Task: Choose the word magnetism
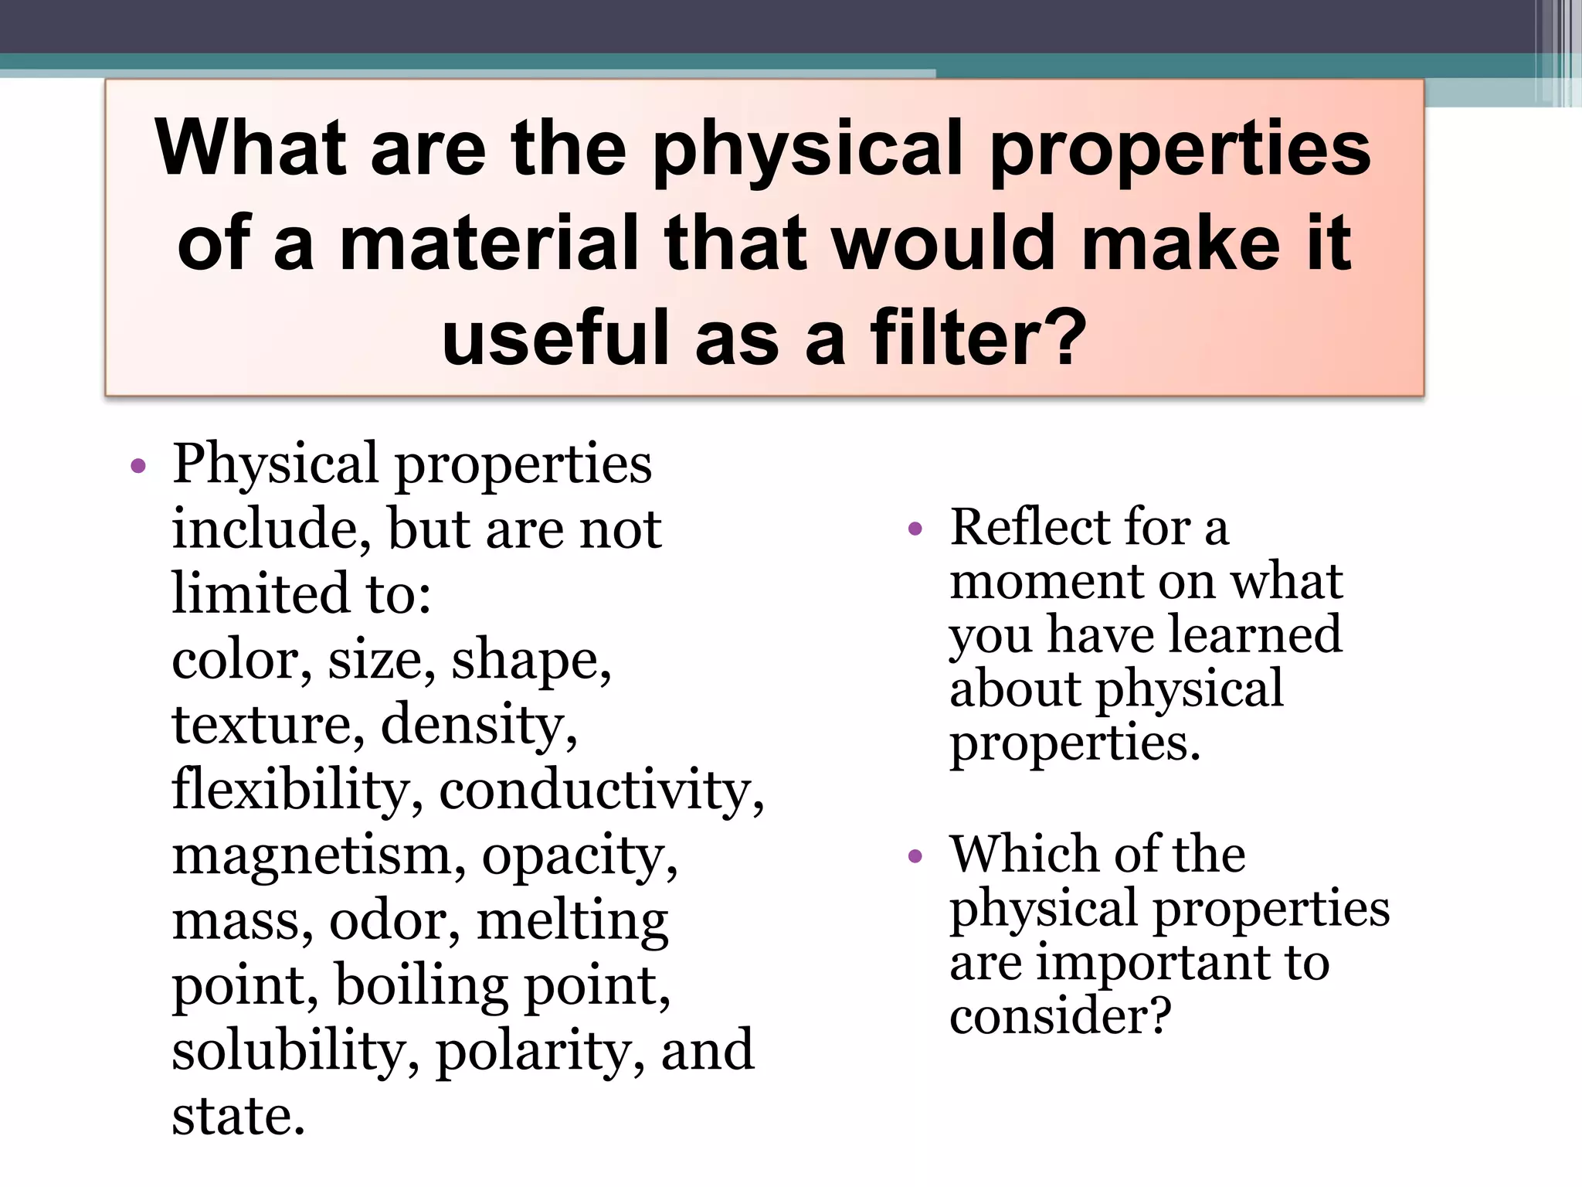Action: [319, 857]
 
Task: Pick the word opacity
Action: [579, 857]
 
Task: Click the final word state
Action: [239, 1117]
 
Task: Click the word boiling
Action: [422, 987]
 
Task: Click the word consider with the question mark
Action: [1060, 1015]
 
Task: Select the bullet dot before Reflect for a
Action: [916, 529]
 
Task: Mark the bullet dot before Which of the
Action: [916, 856]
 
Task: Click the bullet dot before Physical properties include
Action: [138, 465]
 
